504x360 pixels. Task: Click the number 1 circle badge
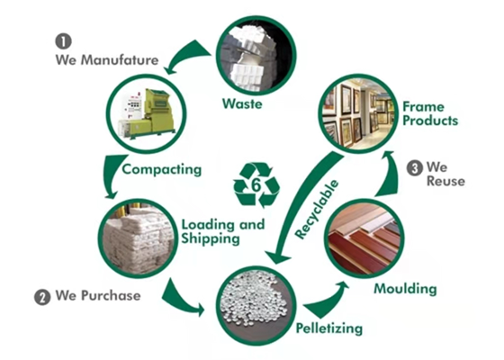pos(63,41)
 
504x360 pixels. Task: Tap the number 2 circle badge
pos(42,297)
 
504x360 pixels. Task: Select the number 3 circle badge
pos(415,167)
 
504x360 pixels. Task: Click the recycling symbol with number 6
pos(256,185)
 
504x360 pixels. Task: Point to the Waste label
pos(242,103)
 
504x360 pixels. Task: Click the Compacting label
pos(162,169)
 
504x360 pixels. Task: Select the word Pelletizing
pos(329,328)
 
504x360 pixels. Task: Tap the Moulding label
pos(405,288)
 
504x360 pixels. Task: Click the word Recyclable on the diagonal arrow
pos(317,210)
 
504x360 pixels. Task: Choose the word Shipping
pos(211,238)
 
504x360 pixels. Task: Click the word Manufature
pos(119,60)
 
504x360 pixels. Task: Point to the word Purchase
pos(111,295)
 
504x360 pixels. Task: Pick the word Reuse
pos(445,181)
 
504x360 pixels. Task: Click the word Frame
pos(424,107)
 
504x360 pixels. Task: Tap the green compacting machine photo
pos(148,113)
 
